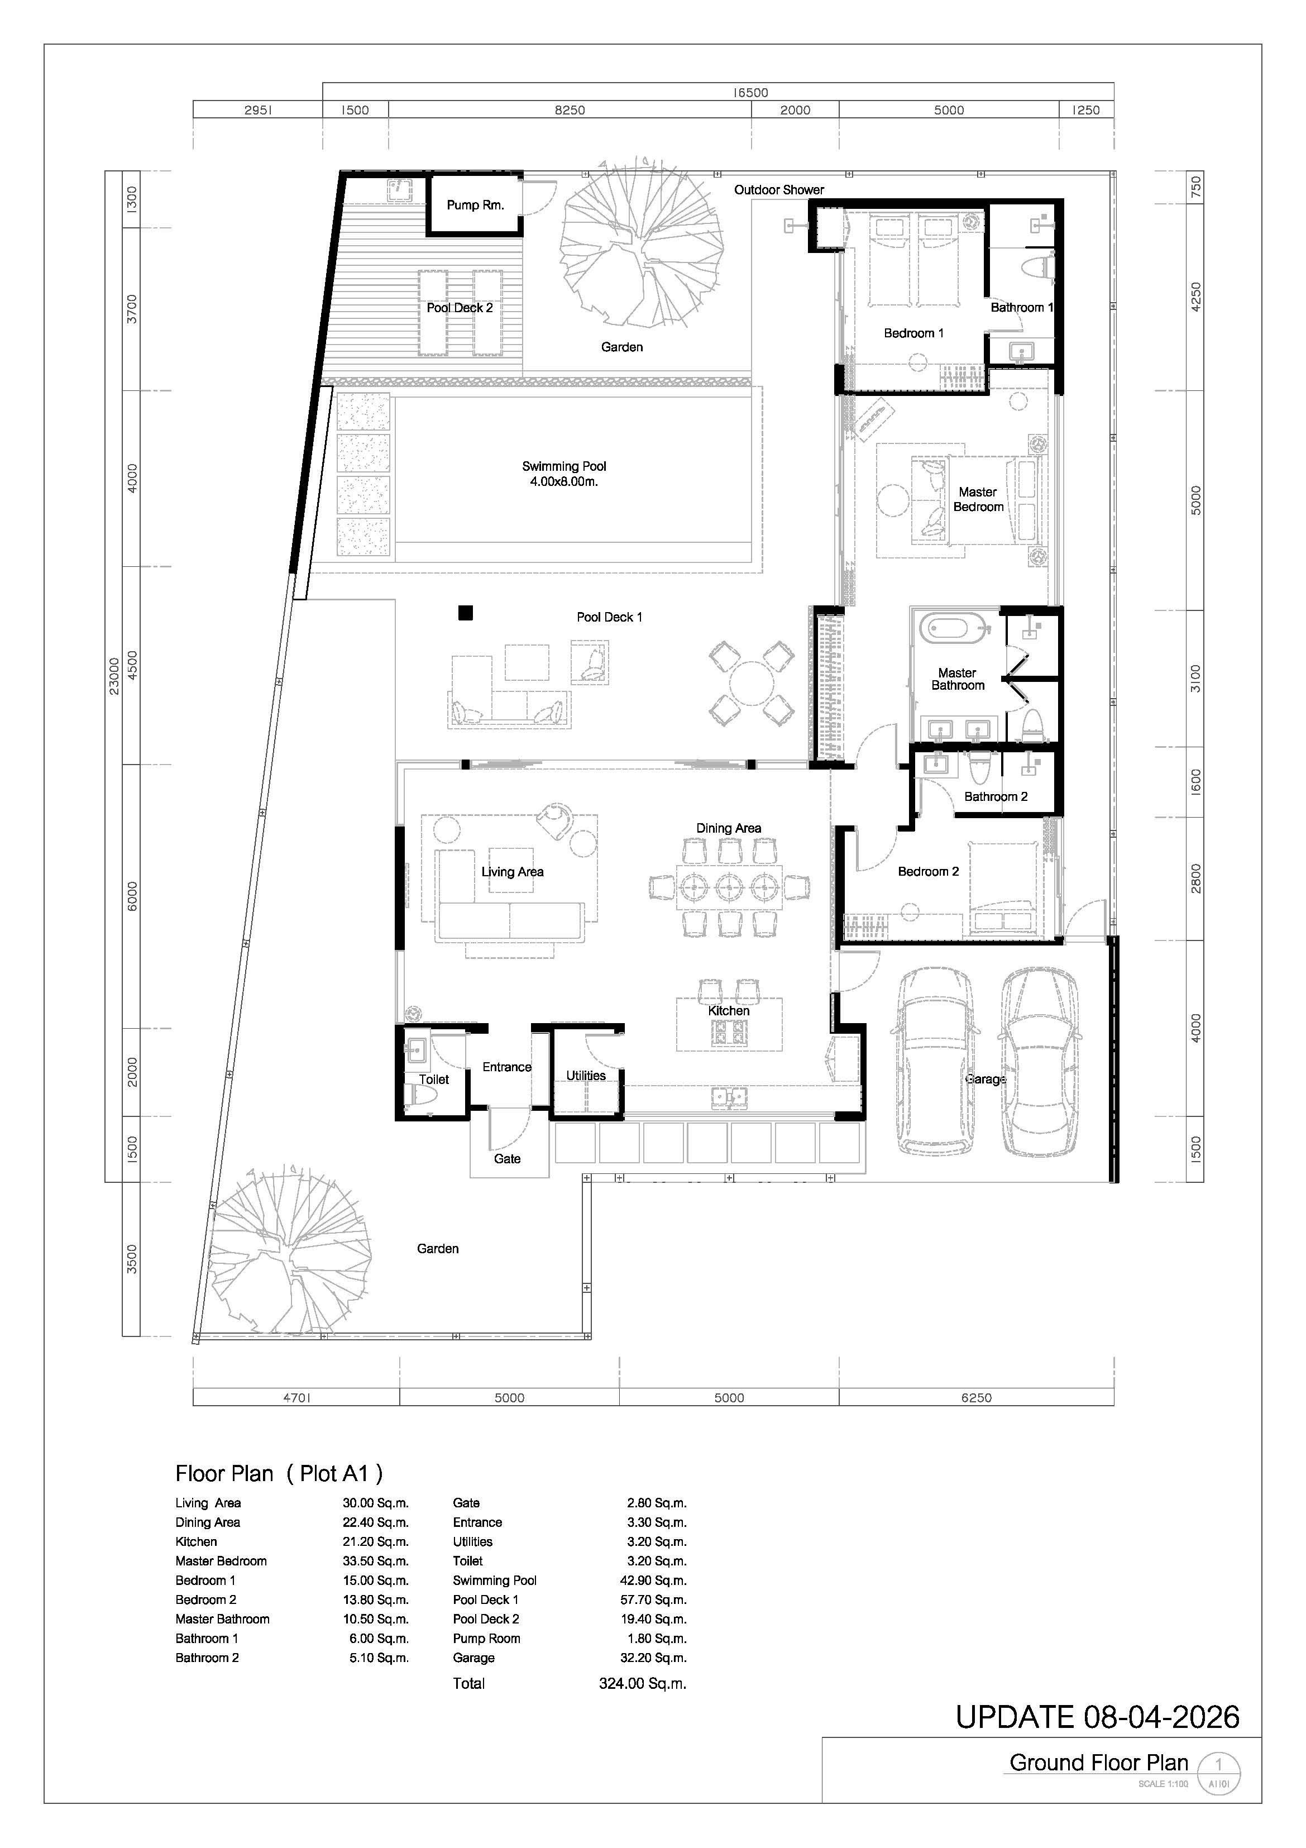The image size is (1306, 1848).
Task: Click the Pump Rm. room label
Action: click(x=476, y=206)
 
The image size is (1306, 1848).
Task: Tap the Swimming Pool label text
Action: click(x=564, y=466)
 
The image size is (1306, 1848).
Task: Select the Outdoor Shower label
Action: click(x=779, y=190)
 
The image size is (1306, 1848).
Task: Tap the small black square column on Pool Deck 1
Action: click(x=465, y=613)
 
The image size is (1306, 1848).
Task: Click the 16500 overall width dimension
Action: click(x=750, y=93)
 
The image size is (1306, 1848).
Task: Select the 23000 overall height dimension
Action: click(x=114, y=676)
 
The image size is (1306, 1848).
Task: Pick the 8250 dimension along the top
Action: click(x=570, y=110)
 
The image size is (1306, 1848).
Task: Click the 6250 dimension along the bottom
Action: click(x=976, y=1398)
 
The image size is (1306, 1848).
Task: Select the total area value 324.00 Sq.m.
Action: click(x=643, y=1683)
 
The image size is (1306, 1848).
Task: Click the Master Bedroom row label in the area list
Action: click(x=221, y=1560)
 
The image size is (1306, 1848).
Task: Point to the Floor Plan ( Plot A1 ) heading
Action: click(x=279, y=1474)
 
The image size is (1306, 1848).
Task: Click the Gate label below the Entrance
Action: click(x=507, y=1158)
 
